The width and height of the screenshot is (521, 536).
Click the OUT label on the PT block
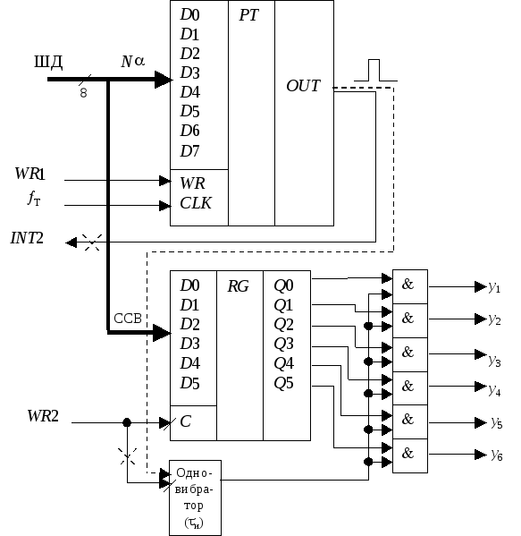(x=303, y=86)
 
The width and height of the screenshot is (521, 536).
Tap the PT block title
(x=249, y=15)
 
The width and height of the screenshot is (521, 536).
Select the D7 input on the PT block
(x=189, y=151)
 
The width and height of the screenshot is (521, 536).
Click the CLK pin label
(x=196, y=203)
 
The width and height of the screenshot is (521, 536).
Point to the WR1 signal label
(x=29, y=174)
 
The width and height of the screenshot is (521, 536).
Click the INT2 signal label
(x=27, y=238)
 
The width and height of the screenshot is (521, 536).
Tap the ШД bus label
(x=48, y=63)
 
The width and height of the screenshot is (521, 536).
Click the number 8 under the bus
(x=83, y=93)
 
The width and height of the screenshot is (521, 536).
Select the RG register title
(x=238, y=286)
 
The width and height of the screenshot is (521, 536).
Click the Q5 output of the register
(x=283, y=383)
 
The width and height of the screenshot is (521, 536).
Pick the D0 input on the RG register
(x=189, y=285)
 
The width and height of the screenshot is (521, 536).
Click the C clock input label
(x=185, y=421)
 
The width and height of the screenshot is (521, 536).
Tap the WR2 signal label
(x=43, y=416)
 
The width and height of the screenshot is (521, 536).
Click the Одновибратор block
(x=196, y=498)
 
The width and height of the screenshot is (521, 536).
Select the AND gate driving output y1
(x=410, y=286)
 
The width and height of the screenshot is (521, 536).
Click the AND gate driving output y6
(x=410, y=455)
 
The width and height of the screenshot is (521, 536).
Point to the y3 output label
(x=495, y=361)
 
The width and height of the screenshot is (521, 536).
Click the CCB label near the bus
(x=128, y=319)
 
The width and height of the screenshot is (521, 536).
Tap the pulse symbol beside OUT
(x=375, y=71)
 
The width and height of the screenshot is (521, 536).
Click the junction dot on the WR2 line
(x=127, y=423)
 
